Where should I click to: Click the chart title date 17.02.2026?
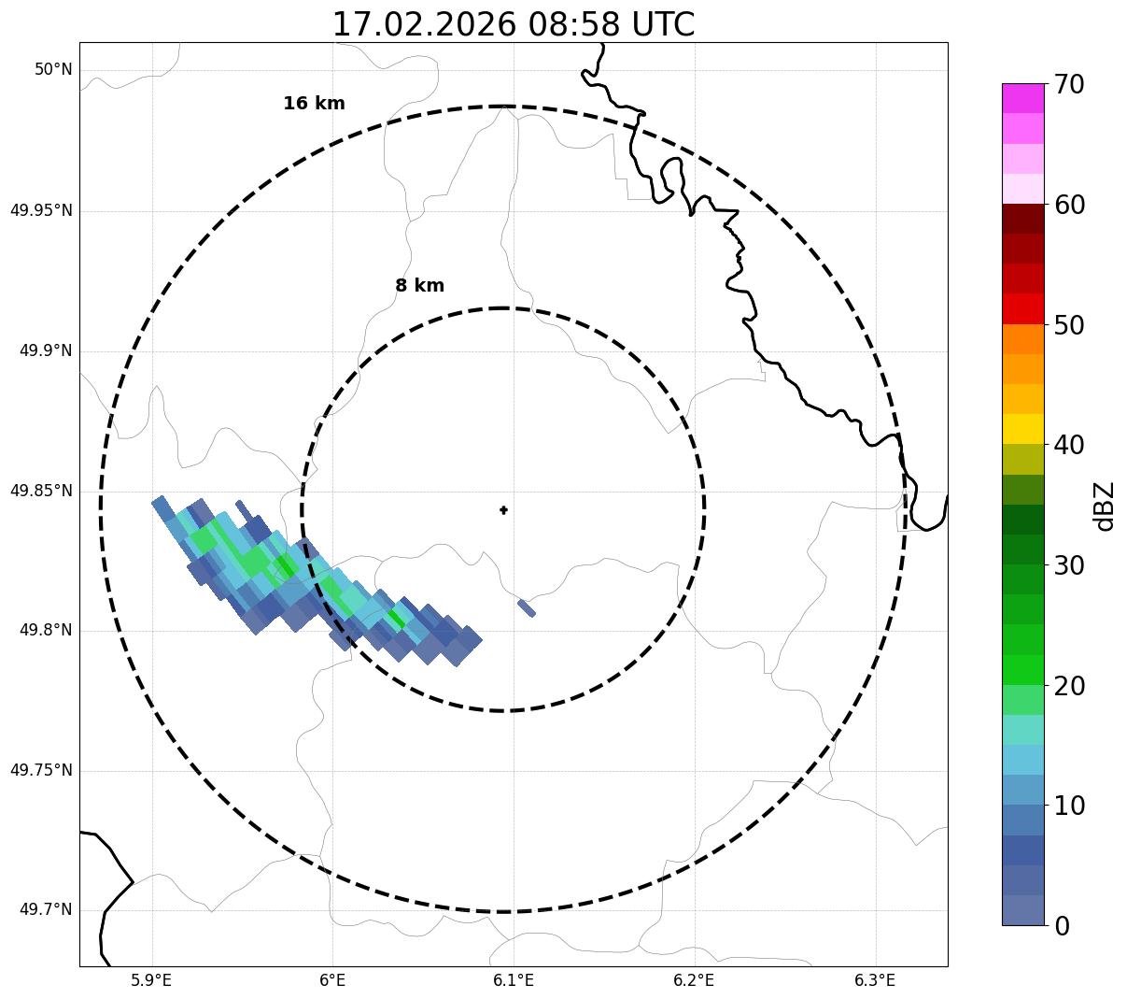coord(423,25)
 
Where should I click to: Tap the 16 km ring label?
coord(314,104)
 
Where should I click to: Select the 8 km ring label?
coord(419,286)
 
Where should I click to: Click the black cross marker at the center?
coord(503,510)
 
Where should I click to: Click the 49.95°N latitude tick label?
coord(41,210)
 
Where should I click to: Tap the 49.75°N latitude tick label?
coord(41,771)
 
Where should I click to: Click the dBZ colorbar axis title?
coord(1105,507)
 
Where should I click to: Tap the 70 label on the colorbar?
coord(1069,85)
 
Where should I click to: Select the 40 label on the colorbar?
coord(1069,446)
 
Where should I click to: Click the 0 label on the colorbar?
coord(1062,926)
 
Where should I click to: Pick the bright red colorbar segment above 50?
coord(1022,309)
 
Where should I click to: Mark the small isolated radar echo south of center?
coord(527,608)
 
